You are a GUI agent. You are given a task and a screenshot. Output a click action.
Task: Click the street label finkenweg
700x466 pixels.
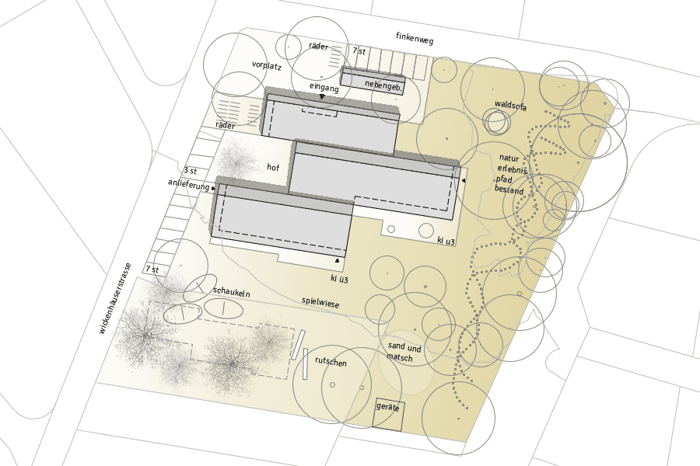[x=415, y=38]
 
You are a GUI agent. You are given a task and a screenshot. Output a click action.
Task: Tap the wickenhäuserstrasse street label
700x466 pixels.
[x=115, y=298]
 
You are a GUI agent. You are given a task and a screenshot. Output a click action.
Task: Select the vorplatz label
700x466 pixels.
[x=267, y=65]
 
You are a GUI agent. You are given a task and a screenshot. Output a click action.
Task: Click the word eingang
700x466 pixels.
[x=324, y=88]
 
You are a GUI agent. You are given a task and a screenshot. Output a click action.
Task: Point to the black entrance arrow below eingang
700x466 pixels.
[x=322, y=96]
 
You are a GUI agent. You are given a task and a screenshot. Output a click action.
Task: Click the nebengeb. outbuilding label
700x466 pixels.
[x=383, y=85]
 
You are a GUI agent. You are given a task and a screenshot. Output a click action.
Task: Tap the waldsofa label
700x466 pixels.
[x=511, y=106]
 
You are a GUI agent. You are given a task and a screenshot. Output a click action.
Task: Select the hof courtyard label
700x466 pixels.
[x=273, y=167]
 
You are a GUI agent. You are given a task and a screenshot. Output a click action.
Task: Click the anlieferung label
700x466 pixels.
[x=188, y=184]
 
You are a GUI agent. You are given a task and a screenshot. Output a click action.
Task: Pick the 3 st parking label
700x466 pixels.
[x=191, y=170]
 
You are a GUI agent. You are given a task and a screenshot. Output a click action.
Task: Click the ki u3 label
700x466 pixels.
[x=446, y=241]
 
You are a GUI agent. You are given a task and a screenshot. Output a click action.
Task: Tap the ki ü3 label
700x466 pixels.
[x=339, y=279]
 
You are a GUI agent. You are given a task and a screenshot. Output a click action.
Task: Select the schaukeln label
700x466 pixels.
[x=231, y=292]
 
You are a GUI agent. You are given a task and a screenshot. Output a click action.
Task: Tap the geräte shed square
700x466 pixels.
[x=388, y=414]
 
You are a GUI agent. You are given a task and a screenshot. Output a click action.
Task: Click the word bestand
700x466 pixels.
[x=509, y=190]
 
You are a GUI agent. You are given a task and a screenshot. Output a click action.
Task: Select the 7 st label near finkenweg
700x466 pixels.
[x=359, y=50]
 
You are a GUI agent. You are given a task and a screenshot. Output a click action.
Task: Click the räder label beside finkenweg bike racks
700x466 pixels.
[x=318, y=46]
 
